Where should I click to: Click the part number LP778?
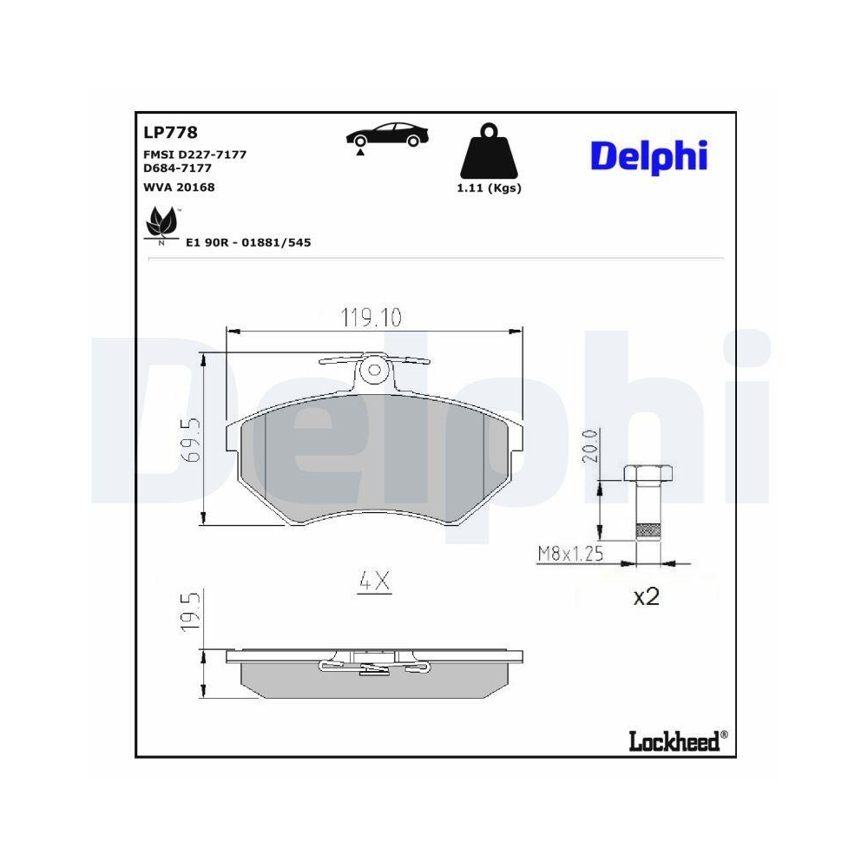coord(170,133)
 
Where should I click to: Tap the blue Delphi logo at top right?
coord(649,155)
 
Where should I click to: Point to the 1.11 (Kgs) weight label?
coord(489,188)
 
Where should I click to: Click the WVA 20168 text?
coord(178,187)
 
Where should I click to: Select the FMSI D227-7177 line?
coord(194,154)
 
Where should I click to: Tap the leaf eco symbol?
coord(161,225)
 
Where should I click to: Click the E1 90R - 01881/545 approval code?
coord(248,243)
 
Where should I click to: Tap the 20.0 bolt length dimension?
coord(590,446)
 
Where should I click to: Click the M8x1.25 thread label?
coord(570,553)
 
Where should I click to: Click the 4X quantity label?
coord(375,582)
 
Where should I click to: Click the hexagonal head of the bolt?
coord(647,474)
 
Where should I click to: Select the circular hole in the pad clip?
coord(375,371)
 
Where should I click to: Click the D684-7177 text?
coord(177,168)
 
